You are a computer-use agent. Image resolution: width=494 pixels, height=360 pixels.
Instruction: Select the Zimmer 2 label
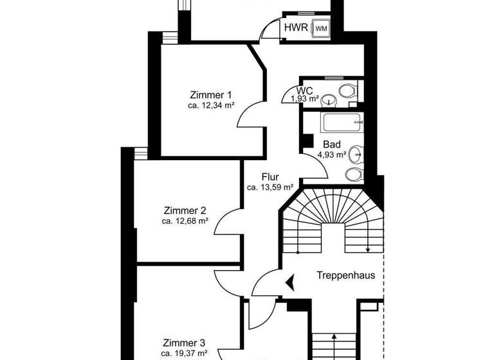(185, 210)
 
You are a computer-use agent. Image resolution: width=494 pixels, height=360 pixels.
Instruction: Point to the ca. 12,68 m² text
(185, 221)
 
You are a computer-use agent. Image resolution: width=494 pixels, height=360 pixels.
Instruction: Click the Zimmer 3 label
(184, 343)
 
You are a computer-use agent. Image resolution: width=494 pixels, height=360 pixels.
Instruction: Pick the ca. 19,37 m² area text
(184, 353)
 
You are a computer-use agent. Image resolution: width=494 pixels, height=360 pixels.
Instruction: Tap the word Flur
(270, 177)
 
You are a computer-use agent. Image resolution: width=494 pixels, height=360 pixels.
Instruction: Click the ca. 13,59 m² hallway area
(270, 188)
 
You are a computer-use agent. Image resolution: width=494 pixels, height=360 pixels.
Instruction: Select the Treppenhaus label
(345, 275)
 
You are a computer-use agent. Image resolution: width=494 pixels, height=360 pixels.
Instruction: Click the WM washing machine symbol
(320, 28)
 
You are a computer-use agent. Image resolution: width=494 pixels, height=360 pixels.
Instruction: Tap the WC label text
(305, 91)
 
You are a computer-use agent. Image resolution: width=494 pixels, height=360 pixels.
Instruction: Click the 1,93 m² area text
(305, 99)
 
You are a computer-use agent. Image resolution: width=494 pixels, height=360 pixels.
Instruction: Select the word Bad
(332, 145)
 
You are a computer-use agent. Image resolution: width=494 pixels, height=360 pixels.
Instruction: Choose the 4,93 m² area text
(332, 154)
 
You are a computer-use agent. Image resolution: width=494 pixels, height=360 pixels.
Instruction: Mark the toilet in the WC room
(348, 90)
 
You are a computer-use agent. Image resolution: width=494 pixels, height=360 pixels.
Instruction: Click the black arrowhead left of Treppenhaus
(291, 280)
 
